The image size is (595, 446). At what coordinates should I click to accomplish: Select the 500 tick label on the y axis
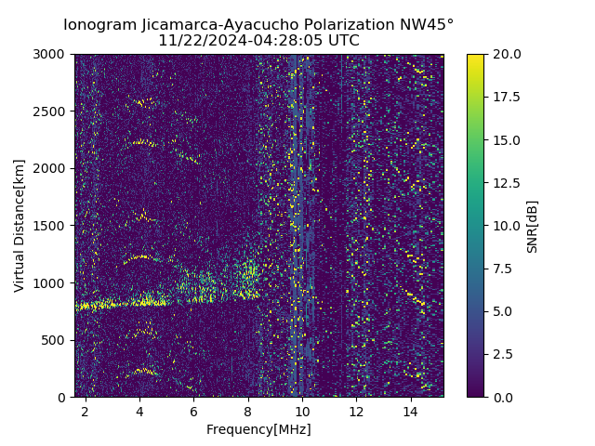(57, 340)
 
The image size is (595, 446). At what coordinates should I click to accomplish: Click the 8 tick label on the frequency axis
(247, 411)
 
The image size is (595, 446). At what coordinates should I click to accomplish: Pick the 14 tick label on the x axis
(410, 411)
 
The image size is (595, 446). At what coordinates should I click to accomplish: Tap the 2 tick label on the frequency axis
(85, 411)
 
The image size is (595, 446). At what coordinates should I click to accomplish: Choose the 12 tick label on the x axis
(356, 411)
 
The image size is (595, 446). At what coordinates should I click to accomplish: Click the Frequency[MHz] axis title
(258, 429)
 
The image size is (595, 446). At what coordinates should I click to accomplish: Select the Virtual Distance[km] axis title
(20, 225)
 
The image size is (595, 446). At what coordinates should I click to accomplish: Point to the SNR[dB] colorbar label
(533, 226)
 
